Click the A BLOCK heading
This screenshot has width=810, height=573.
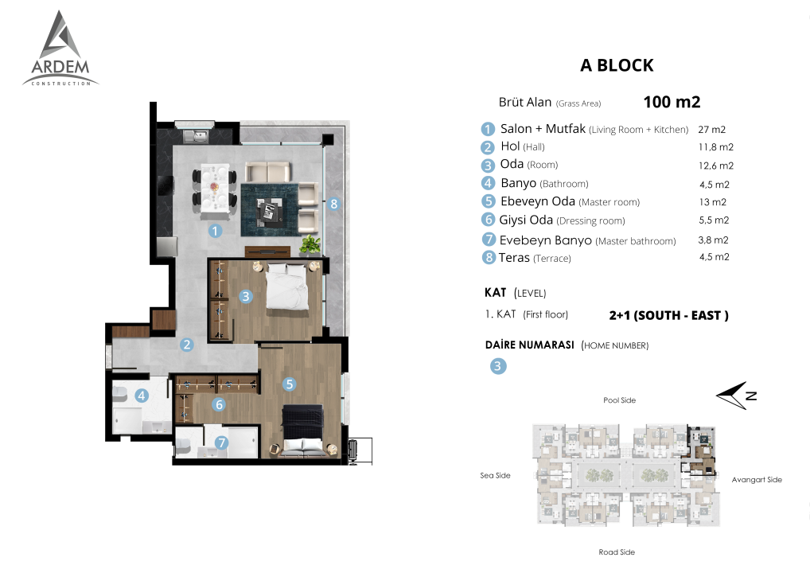(x=617, y=65)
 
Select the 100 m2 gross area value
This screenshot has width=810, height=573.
(x=672, y=102)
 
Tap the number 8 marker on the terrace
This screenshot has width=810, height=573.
(x=333, y=204)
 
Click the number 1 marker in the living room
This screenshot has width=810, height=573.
(x=215, y=231)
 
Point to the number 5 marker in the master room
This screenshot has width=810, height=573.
(x=290, y=384)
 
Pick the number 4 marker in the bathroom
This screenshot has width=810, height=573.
(x=142, y=396)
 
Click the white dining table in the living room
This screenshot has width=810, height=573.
(x=214, y=189)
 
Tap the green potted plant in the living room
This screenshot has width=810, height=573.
(x=310, y=244)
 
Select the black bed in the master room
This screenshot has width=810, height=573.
(x=302, y=431)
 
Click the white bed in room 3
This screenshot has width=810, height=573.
(x=286, y=286)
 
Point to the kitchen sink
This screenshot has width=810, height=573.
(x=195, y=136)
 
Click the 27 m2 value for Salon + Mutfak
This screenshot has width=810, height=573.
(x=712, y=130)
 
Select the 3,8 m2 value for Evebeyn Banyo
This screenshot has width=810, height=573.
(x=714, y=240)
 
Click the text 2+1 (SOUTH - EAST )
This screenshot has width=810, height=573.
(x=669, y=315)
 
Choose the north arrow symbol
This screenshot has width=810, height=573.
(x=736, y=396)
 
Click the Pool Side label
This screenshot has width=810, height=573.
(x=619, y=400)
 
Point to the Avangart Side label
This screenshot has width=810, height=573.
(x=757, y=480)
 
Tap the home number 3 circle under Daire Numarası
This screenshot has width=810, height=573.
(x=498, y=366)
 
